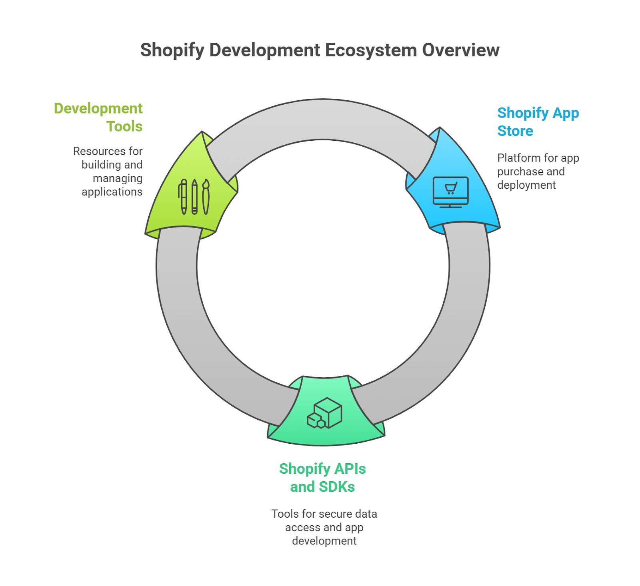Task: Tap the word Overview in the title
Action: [461, 50]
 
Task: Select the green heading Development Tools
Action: [98, 117]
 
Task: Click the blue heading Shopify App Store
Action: [538, 122]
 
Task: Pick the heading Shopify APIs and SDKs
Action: [322, 477]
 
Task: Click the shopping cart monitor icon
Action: [450, 192]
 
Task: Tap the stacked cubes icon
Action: [324, 413]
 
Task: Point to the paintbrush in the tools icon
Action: [206, 196]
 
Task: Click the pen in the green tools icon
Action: [183, 196]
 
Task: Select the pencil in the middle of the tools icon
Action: [194, 196]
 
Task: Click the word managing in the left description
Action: [118, 178]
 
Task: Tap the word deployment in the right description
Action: [526, 185]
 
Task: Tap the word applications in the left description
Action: [112, 192]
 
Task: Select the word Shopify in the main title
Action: [172, 50]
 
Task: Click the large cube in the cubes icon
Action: [328, 411]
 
